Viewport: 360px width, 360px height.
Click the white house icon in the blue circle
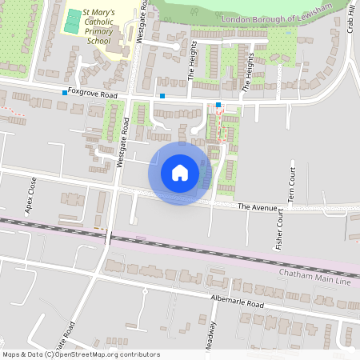180,173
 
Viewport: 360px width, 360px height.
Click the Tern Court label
293,183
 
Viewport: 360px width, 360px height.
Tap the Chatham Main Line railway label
315,274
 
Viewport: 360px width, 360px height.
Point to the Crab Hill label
350,16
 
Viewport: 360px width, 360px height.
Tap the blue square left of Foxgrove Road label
65,94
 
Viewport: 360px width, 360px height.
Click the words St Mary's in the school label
102,14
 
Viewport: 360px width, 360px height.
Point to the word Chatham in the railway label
297,274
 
